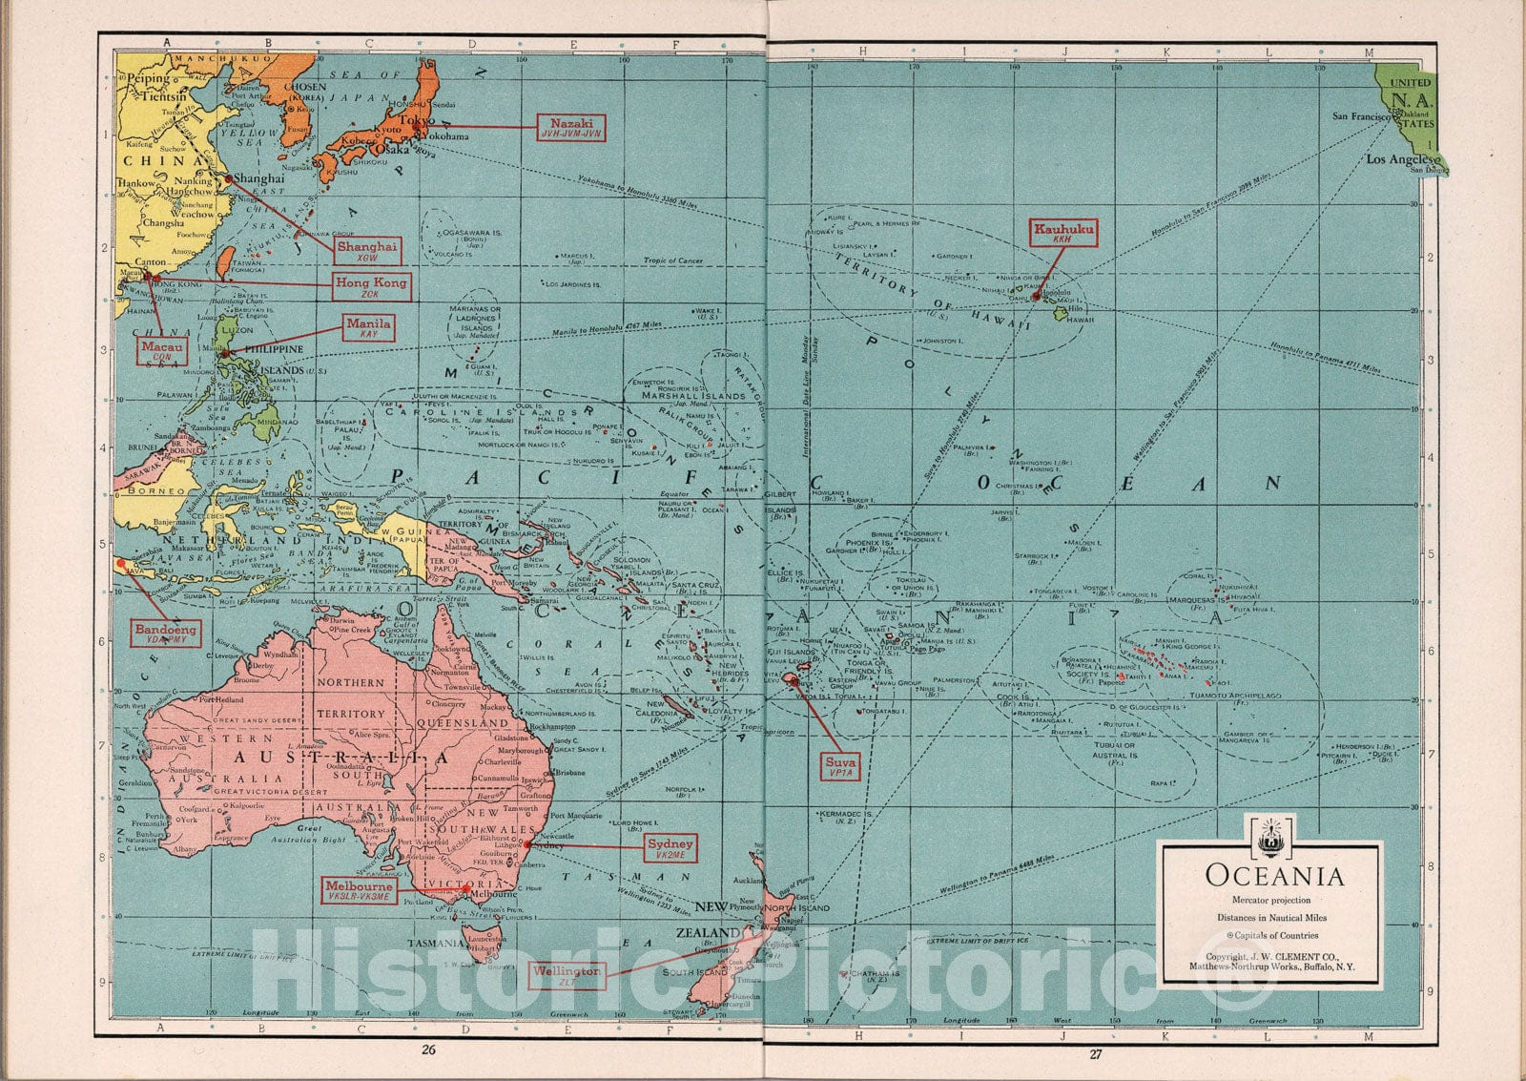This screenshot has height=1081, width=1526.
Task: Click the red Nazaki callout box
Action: (x=571, y=128)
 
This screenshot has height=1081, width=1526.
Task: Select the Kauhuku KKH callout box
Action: (x=1063, y=234)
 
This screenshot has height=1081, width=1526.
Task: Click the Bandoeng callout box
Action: (x=166, y=634)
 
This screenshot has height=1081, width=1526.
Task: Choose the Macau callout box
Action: (x=162, y=351)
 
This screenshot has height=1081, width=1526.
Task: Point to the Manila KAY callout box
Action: (x=368, y=329)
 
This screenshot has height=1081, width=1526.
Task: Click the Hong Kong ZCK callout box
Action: (x=371, y=286)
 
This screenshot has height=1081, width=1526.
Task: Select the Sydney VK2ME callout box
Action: (x=670, y=848)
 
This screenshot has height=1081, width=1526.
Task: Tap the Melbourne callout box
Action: (x=358, y=891)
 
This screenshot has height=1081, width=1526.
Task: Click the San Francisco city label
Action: (x=1358, y=116)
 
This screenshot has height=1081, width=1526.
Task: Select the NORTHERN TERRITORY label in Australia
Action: (x=350, y=697)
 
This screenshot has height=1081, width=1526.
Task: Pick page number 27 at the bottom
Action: (x=1095, y=1053)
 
